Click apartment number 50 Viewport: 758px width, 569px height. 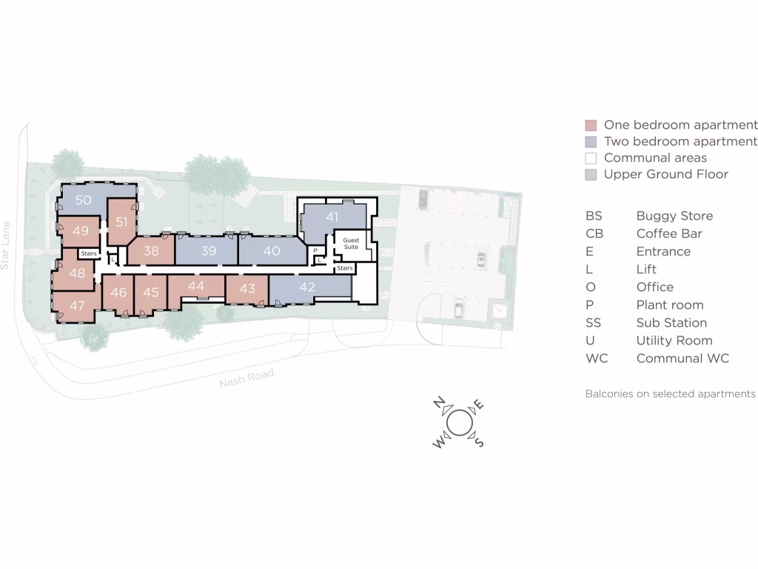click(84, 200)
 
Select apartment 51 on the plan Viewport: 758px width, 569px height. click(122, 222)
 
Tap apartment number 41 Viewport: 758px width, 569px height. click(332, 217)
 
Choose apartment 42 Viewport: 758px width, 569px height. click(306, 287)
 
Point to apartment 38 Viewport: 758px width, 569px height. click(151, 251)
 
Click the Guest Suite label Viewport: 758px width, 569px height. click(351, 244)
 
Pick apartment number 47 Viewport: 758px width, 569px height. click(78, 305)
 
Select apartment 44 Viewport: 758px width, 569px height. click(196, 286)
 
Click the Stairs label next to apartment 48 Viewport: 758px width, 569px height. click(89, 253)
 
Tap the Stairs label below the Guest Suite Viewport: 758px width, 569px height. click(345, 268)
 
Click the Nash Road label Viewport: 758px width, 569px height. click(246, 378)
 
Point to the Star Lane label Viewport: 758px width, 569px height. click(6, 244)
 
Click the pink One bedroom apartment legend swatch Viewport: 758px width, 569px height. click(591, 125)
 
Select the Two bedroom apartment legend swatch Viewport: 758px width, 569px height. click(591, 142)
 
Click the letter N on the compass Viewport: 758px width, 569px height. click(439, 403)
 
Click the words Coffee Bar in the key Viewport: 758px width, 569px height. click(669, 233)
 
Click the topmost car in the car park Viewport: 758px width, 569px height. click(422, 198)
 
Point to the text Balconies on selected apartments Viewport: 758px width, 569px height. click(671, 393)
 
